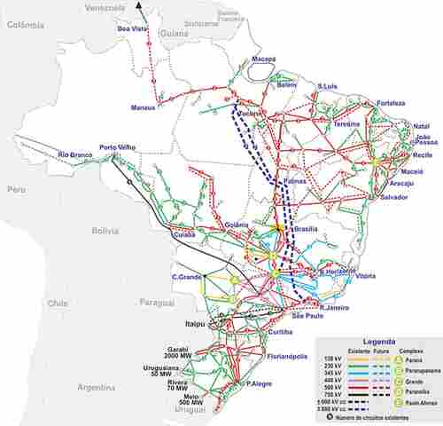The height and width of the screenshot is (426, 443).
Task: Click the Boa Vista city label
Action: click(133, 29)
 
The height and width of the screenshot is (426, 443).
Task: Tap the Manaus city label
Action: click(144, 108)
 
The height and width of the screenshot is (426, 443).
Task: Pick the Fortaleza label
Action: click(392, 102)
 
